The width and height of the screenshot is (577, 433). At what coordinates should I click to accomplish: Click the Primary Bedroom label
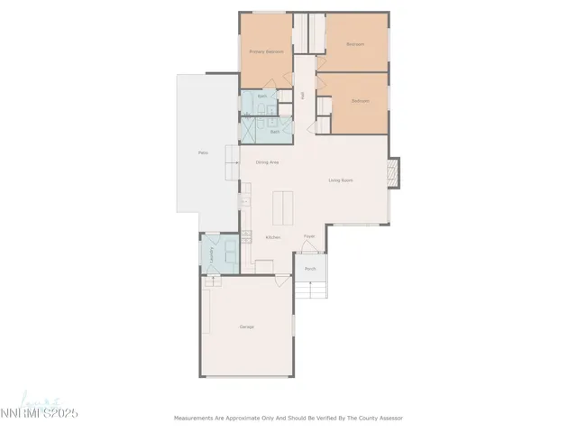[266, 51]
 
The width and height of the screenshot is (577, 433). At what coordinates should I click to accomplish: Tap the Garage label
[245, 326]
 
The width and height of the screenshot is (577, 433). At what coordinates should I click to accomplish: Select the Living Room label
[340, 180]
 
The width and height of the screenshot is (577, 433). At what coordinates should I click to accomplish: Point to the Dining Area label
[267, 162]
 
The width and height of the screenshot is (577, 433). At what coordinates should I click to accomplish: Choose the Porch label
[309, 269]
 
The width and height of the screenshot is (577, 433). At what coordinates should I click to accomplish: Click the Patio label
[204, 152]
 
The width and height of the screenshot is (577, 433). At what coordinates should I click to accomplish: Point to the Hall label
[303, 93]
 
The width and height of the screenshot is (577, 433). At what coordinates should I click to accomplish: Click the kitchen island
[286, 208]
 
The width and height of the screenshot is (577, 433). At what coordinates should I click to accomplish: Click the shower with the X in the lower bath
[252, 132]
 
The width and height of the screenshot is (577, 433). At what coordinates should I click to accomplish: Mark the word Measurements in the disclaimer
[196, 418]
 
